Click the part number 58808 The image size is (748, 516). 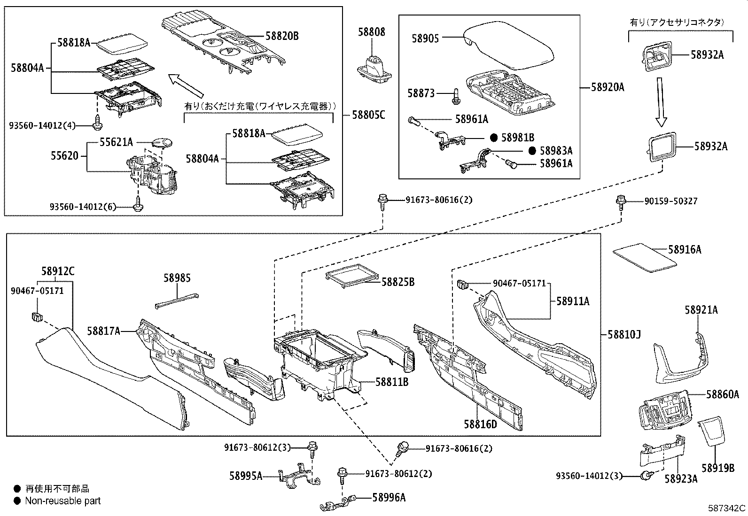pos(371,32)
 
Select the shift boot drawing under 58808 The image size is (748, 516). pos(374,69)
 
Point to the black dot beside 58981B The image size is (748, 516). pos(494,138)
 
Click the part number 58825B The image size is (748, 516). pos(397,282)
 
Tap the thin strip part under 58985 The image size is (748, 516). pos(176,300)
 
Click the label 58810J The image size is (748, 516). pos(624,334)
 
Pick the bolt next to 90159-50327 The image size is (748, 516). pos(621,202)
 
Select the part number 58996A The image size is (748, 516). pos(389,497)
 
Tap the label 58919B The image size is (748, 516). pos(718,468)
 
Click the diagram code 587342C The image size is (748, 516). pos(727,508)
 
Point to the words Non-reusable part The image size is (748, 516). pos(63,501)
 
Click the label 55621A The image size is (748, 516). pos(116,142)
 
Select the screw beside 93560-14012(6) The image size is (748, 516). pos(138,206)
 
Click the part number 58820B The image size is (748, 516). pos(282,36)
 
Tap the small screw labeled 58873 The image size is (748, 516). pos(455,96)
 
